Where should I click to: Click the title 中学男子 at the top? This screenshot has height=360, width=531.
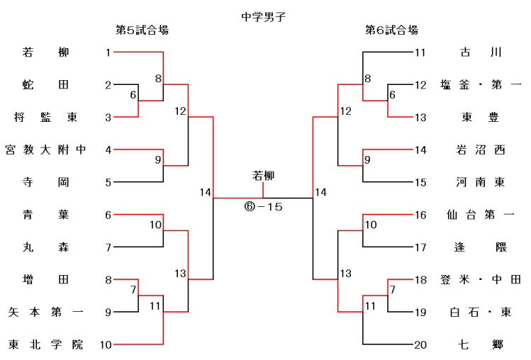264,14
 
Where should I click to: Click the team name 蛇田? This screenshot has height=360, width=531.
45,85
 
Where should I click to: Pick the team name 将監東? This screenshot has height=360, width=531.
45,117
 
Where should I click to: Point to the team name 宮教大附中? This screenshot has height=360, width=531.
45,150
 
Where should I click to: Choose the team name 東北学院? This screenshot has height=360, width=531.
45,344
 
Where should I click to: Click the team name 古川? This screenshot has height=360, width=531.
480,52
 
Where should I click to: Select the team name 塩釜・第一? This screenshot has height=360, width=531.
480,85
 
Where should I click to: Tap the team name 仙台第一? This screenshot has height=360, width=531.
480,215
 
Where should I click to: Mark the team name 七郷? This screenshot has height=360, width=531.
480,344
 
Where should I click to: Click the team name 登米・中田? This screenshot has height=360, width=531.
480,279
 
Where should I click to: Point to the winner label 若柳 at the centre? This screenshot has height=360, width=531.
264,175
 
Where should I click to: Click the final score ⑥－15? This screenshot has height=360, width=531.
264,207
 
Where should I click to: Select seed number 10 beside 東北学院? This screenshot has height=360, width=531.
106,344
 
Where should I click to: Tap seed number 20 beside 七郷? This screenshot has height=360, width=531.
420,344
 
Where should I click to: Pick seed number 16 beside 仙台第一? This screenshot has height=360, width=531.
420,215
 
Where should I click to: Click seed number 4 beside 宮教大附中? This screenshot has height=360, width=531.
108,150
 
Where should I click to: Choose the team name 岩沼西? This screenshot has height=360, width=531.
480,150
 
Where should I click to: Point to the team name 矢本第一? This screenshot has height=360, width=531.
45,312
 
